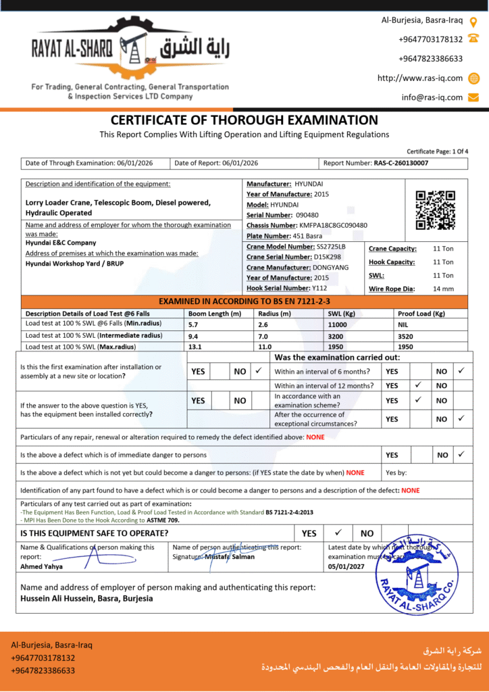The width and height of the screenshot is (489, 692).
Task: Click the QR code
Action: tap(434, 210)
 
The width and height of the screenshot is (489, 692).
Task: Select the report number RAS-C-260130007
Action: tap(401, 163)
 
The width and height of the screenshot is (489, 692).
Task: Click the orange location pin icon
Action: tap(473, 20)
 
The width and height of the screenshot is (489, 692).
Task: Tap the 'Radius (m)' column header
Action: tap(275, 314)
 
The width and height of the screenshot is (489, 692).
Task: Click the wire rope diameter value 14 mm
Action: tap(443, 289)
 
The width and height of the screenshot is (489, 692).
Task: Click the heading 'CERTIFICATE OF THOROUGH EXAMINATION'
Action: tap(244, 120)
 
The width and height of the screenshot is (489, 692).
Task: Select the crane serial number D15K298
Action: tap(328, 257)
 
